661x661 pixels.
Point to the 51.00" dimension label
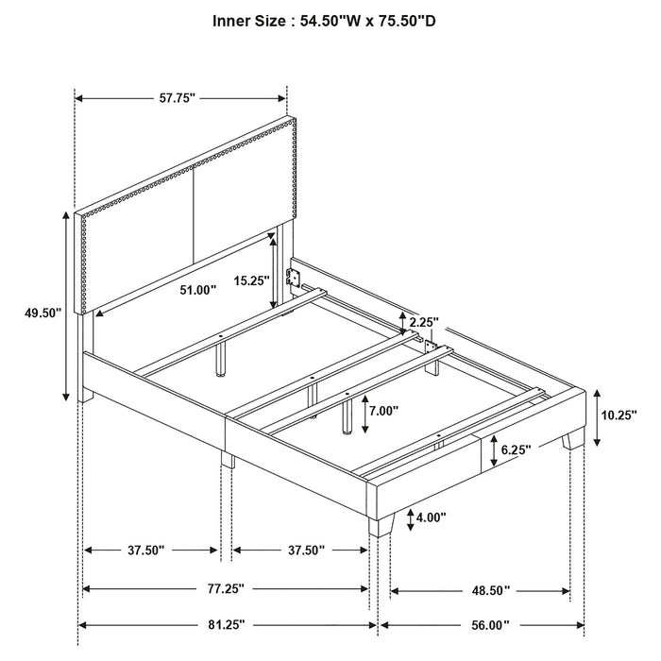[197, 289]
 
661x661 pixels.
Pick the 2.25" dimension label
[425, 322]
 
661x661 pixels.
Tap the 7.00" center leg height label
[383, 411]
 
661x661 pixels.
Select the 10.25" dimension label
[619, 414]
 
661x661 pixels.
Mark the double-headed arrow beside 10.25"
[598, 415]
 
